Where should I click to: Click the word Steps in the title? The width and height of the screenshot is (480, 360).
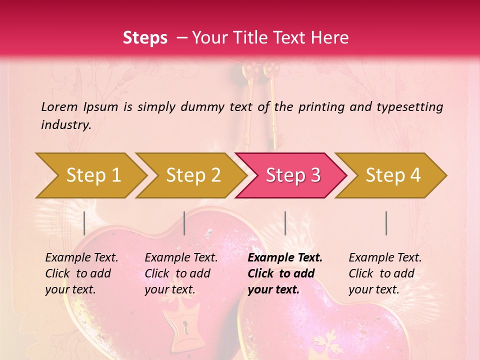[145, 38]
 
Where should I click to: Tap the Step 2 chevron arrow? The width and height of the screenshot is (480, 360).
[192, 175]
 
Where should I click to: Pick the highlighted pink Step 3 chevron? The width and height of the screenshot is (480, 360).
[292, 175]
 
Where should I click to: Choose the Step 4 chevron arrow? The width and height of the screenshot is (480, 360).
[392, 175]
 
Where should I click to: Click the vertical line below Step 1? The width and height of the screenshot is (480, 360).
[84, 223]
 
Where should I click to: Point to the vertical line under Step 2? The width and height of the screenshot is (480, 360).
[184, 223]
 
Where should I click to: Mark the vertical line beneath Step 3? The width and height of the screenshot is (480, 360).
[285, 223]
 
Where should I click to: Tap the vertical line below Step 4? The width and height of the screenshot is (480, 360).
[386, 223]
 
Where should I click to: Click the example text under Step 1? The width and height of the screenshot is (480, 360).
[81, 273]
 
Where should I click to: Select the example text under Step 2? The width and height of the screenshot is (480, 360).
[181, 273]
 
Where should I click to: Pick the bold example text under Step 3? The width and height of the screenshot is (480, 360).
[285, 273]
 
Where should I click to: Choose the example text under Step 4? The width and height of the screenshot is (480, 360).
[385, 273]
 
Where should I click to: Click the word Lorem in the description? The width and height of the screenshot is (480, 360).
[59, 106]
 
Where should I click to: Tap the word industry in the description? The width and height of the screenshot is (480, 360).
[66, 125]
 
